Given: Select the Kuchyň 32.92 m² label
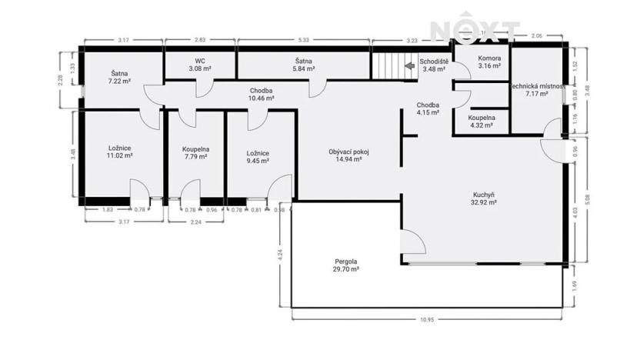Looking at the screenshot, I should click(484, 199).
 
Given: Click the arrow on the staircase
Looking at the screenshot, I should click(409, 66).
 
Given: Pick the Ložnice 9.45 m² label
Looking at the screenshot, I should click(257, 157).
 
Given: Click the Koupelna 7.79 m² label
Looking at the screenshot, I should click(196, 153).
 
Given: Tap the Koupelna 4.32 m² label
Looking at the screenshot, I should click(482, 122).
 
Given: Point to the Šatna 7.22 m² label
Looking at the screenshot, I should click(121, 77).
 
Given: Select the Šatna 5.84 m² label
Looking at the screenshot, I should click(303, 64).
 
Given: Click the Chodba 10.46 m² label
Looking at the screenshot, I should click(262, 95).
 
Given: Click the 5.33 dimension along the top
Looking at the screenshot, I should click(303, 39).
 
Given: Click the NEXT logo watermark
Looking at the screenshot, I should click(474, 31).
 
